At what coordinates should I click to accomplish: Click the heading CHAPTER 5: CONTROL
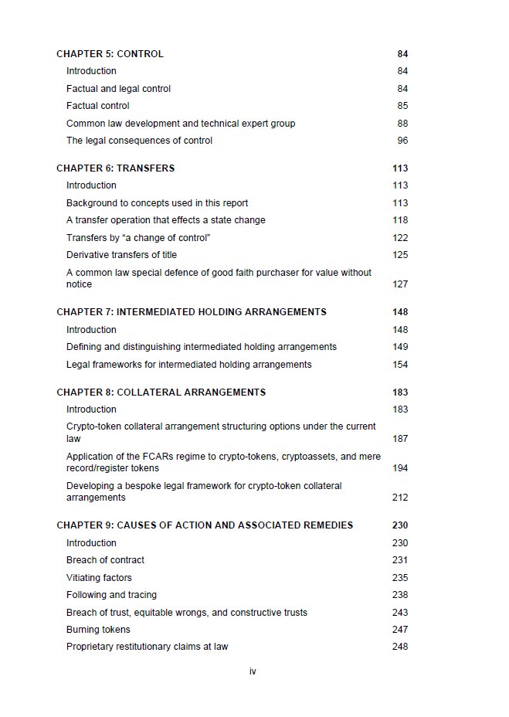click(110, 54)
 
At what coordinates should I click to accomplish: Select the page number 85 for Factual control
click(402, 106)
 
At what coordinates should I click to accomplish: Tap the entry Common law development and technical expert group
click(180, 124)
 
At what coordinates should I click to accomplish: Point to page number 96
click(402, 141)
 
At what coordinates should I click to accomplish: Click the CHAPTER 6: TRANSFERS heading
click(115, 168)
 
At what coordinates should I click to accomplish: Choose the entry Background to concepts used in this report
click(157, 203)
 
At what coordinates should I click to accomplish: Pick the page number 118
click(400, 220)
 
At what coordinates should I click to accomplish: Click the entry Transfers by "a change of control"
click(137, 238)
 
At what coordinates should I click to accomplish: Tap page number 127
click(400, 284)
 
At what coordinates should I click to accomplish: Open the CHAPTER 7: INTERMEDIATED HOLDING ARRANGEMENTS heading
click(191, 312)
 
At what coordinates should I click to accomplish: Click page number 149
click(400, 347)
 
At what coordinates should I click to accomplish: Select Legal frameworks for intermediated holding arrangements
click(188, 365)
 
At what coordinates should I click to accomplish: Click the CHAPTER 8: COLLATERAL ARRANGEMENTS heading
click(161, 392)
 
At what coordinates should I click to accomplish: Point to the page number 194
click(400, 468)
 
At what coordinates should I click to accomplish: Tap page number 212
click(400, 498)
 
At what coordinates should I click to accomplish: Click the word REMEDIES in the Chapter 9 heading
click(327, 525)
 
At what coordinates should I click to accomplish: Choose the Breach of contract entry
click(105, 560)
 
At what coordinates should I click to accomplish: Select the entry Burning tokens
click(98, 630)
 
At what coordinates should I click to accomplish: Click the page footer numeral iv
click(253, 671)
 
